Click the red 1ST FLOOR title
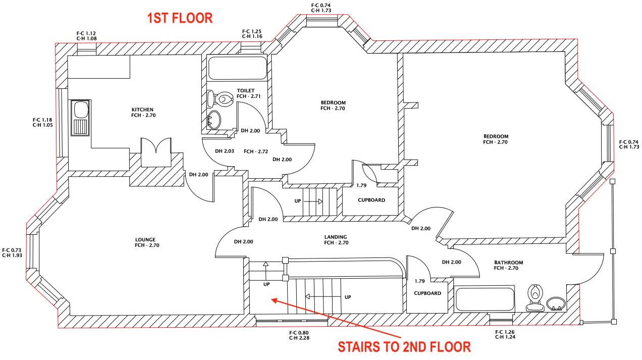(180, 19)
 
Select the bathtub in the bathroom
(485, 300)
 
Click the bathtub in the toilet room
(237, 68)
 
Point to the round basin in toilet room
(214, 120)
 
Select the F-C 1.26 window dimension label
(505, 334)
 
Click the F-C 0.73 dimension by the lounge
(12, 252)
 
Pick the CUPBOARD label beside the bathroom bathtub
(427, 293)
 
